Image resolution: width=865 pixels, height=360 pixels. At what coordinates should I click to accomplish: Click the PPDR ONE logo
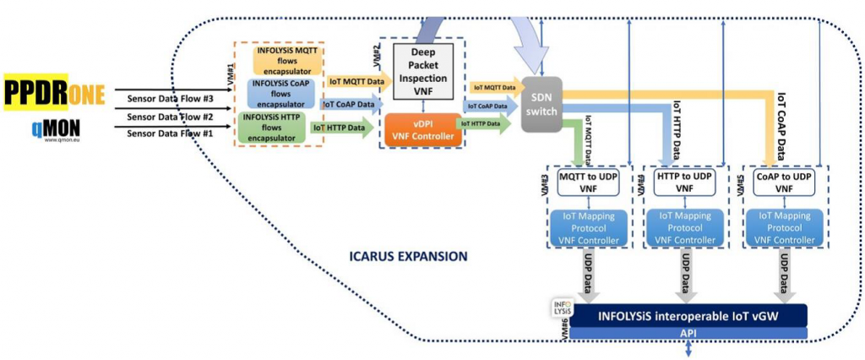(54, 91)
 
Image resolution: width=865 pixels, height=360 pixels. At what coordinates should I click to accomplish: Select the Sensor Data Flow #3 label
(170, 99)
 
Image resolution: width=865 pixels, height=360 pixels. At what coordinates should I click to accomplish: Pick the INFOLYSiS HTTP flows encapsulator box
(272, 127)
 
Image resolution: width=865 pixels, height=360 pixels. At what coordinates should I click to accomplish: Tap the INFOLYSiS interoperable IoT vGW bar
(689, 315)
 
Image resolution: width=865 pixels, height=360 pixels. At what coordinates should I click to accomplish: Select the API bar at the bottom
(689, 333)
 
